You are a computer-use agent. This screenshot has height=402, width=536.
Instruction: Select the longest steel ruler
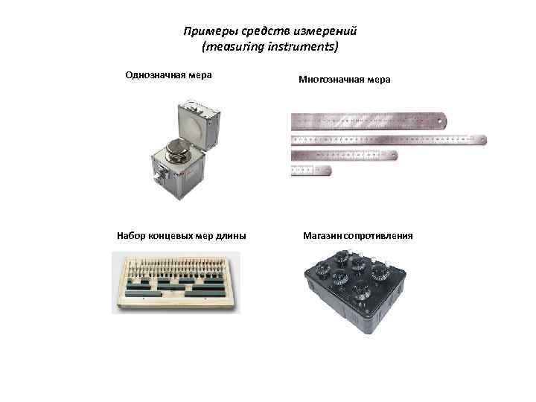388,139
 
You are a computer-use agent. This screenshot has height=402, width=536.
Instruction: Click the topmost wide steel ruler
368,119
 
